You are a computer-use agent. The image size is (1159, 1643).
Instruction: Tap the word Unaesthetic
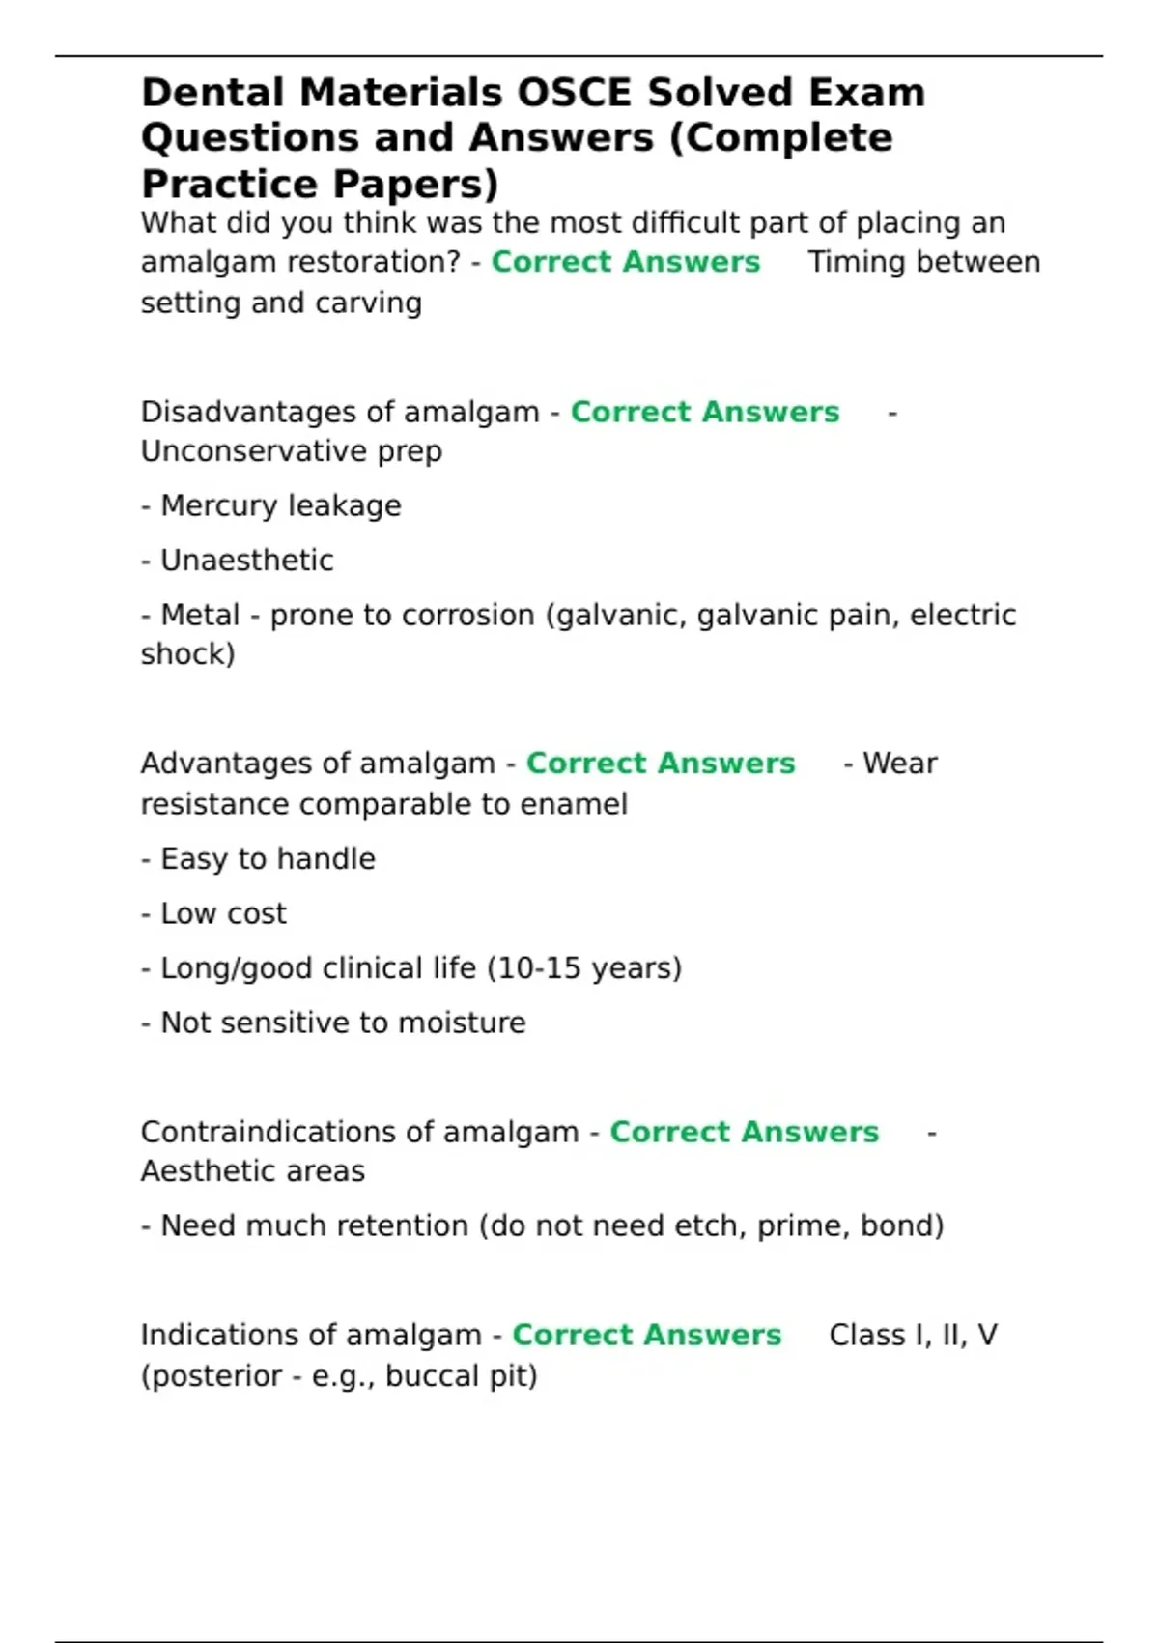click(246, 561)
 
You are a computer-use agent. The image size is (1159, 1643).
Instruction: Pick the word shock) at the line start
click(187, 654)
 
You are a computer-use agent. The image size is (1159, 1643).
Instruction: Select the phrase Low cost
click(223, 913)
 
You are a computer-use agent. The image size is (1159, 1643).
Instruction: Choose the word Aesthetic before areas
click(207, 1171)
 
